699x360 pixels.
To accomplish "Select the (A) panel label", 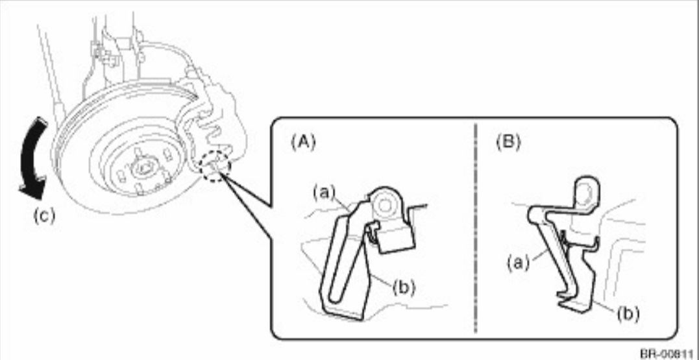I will pos(303,141).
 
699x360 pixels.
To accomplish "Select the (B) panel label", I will pos(508,141).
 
